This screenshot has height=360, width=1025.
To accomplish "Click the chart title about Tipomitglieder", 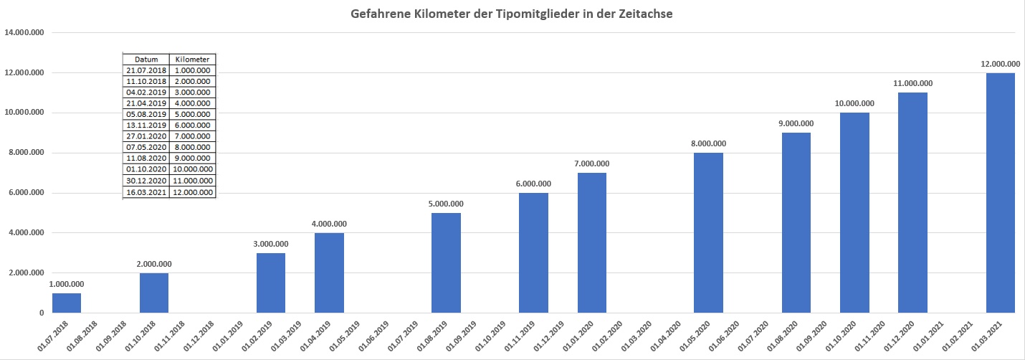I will pos(512,14).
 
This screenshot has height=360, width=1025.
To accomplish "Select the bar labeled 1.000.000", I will pos(66,303).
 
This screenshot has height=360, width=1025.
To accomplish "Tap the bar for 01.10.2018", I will pos(154,293).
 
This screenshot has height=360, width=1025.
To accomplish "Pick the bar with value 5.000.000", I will pos(446,263).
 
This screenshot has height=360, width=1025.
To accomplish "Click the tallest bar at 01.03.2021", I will pos(1001,193).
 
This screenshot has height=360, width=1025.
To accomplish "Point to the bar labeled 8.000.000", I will pos(708,233).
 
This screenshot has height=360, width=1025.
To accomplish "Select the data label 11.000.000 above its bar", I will pos(912,84).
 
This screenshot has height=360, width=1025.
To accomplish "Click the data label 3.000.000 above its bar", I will pos(271,244).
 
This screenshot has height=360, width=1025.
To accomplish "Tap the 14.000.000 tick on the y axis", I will pos(24,33).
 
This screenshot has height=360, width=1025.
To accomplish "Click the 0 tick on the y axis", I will pos(42,313).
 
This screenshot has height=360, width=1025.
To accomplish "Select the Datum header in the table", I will pos(146,60).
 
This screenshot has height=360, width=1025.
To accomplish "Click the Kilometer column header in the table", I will pos(192,60).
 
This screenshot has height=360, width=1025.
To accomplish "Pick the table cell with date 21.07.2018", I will pos(146,70).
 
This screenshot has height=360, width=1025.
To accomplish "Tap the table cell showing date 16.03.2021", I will pos(146,192).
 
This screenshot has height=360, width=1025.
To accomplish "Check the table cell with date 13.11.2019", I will pos(146,125).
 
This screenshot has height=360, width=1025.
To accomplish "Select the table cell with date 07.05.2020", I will pos(146,147).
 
